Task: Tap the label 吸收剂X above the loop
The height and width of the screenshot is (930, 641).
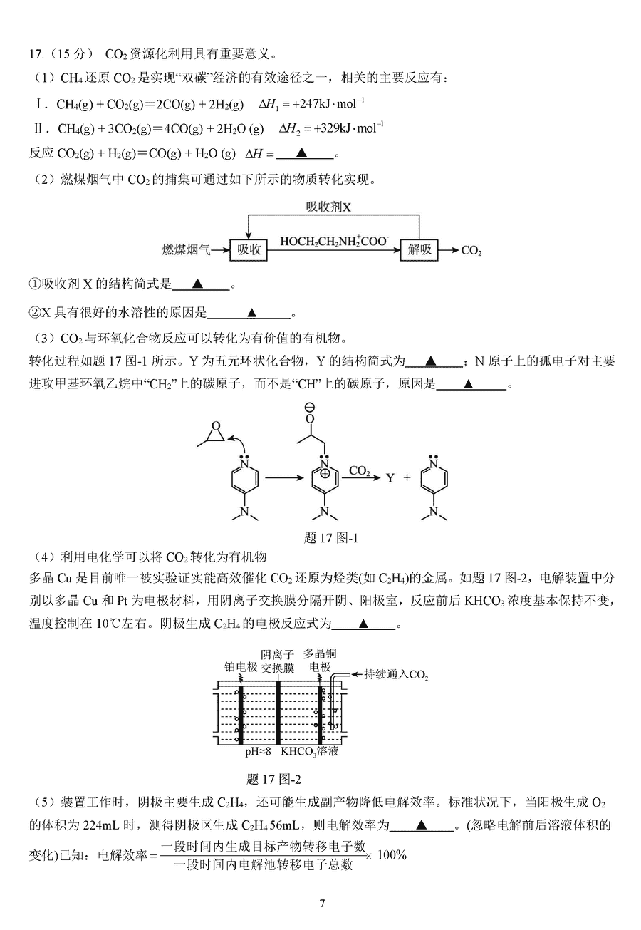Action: [x=329, y=207]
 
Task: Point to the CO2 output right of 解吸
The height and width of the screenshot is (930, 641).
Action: [x=471, y=250]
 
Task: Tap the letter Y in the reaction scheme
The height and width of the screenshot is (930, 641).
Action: [x=390, y=478]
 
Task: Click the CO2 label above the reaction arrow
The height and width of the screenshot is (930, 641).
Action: [x=359, y=470]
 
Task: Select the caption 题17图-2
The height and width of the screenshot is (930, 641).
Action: [x=273, y=779]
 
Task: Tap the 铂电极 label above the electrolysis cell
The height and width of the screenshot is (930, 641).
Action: [x=240, y=667]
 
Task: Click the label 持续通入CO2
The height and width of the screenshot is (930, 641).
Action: [x=396, y=673]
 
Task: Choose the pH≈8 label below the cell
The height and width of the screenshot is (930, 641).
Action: [x=258, y=751]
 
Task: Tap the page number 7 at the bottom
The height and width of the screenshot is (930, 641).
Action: [x=322, y=904]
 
